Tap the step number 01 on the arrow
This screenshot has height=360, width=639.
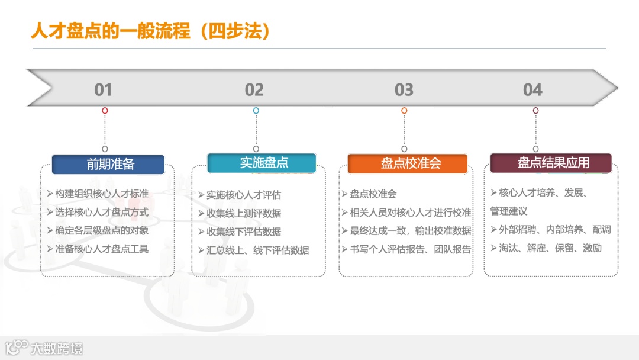[x=103, y=90]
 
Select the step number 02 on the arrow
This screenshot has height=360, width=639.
[x=254, y=90]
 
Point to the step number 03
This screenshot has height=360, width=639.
[x=404, y=90]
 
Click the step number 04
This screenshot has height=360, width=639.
[x=532, y=90]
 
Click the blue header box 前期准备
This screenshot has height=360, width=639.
[x=108, y=165]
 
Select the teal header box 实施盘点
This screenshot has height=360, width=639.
[x=262, y=163]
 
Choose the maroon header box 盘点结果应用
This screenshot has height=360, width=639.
[x=551, y=163]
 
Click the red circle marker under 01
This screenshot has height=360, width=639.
[x=105, y=111]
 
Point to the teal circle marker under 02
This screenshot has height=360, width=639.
[x=256, y=111]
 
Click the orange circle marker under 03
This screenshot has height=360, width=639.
[x=404, y=111]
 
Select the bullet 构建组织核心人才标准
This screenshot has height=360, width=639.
[x=101, y=194]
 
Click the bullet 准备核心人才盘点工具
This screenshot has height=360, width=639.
[x=101, y=249]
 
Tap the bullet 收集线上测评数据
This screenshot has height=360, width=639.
[x=243, y=213]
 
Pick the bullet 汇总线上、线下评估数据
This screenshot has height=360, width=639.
[x=257, y=250]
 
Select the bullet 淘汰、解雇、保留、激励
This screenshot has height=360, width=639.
[x=550, y=248]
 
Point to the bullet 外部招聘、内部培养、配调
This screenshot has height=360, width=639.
[x=554, y=230]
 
